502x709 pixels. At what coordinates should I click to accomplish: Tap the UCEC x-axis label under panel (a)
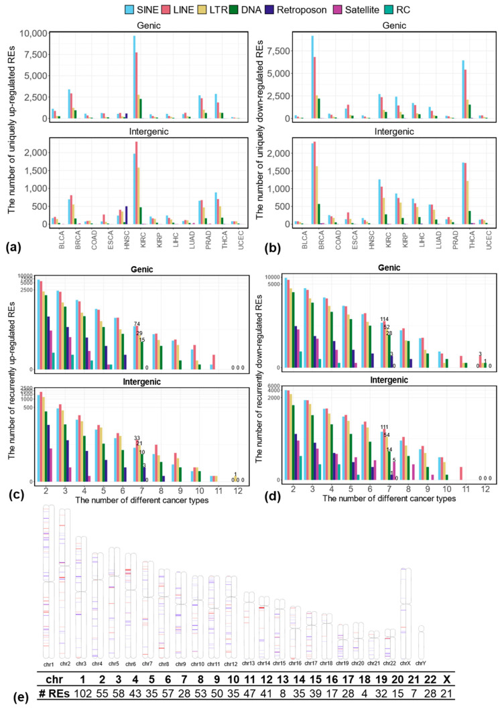pyautogui.click(x=234, y=241)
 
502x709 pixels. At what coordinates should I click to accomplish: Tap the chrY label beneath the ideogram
pyautogui.click(x=420, y=663)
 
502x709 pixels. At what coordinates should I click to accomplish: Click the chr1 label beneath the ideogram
pyautogui.click(x=48, y=663)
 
